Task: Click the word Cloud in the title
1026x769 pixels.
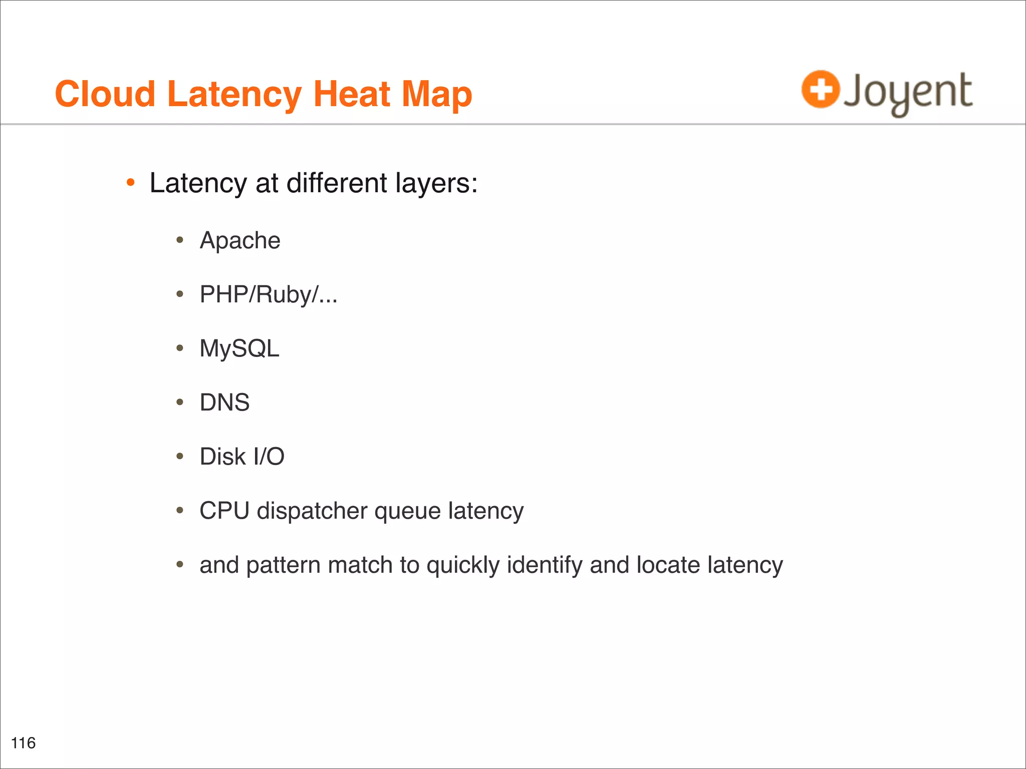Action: [x=105, y=94]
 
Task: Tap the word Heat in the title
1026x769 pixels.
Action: [x=351, y=94]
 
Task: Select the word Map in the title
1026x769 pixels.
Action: [x=436, y=95]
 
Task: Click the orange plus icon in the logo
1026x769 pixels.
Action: [x=820, y=90]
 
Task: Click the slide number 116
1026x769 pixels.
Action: [x=23, y=743]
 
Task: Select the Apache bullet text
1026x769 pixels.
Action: [x=240, y=241]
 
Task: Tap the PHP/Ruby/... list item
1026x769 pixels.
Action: [x=269, y=295]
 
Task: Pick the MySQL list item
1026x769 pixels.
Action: [x=239, y=348]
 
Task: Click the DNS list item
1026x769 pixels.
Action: [x=224, y=403]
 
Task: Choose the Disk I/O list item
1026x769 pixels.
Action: [x=242, y=457]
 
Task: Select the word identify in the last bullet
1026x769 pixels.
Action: [x=545, y=565]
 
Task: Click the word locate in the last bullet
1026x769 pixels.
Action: [x=668, y=565]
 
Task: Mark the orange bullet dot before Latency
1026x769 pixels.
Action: [x=131, y=183]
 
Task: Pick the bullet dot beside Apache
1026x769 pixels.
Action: [x=180, y=241]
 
